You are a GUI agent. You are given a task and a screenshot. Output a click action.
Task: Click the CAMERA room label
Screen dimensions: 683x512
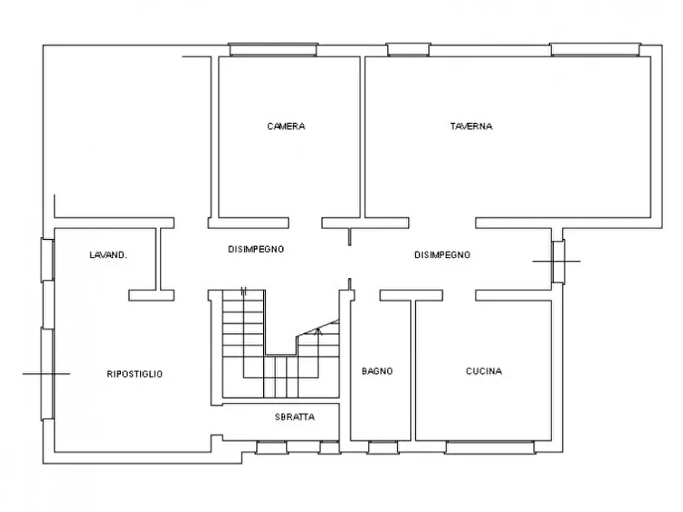[286, 126]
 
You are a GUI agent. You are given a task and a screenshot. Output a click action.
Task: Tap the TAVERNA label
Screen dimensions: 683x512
[471, 126]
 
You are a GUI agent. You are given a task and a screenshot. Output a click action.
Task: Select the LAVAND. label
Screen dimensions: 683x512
[108, 255]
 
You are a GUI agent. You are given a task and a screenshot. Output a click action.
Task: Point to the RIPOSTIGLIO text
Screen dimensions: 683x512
[135, 374]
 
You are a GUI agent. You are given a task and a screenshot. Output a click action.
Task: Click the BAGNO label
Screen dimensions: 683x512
[377, 371]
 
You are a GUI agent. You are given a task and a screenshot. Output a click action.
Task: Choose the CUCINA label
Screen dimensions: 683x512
[484, 371]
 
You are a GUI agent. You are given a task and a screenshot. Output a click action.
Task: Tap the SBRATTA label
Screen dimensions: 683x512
[295, 417]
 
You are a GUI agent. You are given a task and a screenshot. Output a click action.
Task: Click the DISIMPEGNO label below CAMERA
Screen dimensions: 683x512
[256, 249]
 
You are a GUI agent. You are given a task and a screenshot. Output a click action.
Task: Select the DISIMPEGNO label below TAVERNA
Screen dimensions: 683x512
[442, 255]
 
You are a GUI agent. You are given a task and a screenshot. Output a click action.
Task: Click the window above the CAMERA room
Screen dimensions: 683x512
[273, 50]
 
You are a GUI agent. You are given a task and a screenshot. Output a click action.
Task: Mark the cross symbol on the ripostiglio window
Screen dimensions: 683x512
[47, 374]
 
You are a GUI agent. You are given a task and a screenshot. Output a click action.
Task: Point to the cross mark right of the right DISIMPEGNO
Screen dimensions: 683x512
[556, 261]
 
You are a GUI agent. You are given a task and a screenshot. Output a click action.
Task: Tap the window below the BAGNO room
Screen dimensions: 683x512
[382, 447]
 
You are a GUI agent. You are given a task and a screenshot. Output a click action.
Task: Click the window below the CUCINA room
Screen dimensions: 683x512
[490, 447]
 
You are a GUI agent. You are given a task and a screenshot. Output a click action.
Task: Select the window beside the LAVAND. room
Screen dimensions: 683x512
[48, 260]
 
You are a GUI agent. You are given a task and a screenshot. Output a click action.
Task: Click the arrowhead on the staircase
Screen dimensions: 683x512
[318, 332]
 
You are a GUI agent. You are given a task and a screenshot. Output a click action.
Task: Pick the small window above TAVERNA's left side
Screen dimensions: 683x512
[408, 50]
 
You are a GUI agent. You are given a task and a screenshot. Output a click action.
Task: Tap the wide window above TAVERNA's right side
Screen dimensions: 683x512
[595, 50]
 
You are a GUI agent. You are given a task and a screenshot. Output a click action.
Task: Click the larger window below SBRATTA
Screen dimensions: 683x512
[272, 447]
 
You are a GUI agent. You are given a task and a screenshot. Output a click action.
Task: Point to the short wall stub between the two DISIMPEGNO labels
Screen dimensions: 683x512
[350, 237]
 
